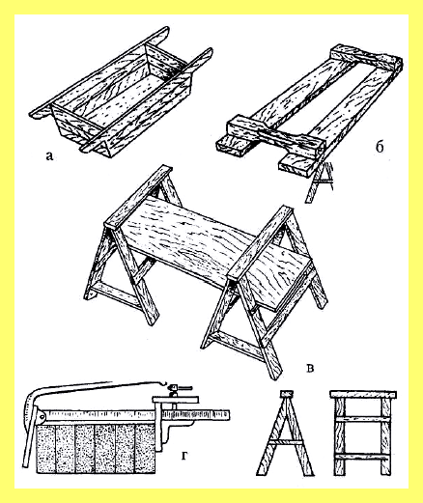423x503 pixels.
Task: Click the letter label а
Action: pos(49,156)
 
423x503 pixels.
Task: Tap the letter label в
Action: pos(310,368)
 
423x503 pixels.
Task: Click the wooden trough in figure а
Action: pos(121,94)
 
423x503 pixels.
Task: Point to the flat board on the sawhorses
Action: pos(215,254)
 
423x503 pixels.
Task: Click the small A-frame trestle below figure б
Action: pos(320,181)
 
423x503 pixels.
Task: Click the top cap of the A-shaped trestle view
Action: pos(286,393)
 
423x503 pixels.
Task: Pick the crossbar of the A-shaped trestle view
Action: pos(286,442)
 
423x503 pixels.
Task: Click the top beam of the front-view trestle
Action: pos(363,394)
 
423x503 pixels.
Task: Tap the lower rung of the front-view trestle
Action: pos(363,457)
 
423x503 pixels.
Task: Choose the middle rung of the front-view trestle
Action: pos(363,419)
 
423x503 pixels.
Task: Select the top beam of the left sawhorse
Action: pos(138,197)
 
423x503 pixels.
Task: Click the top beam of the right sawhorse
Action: pos(260,242)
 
